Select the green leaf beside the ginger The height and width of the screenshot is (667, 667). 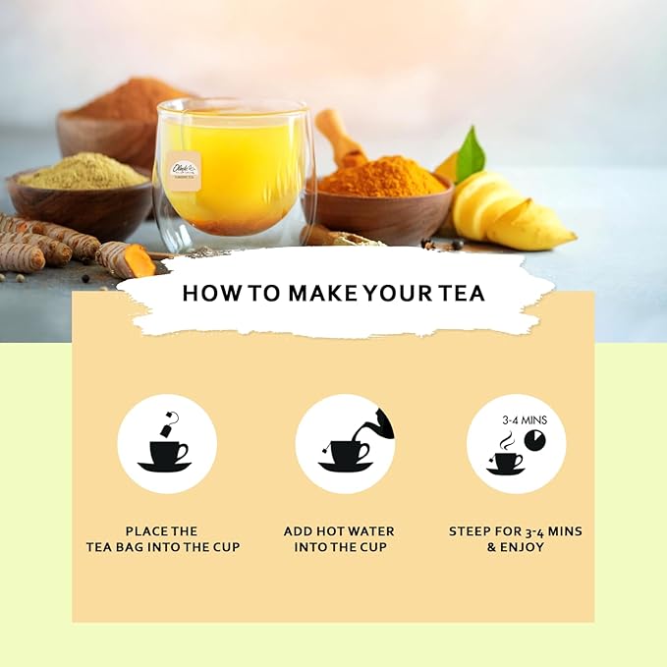click(470, 156)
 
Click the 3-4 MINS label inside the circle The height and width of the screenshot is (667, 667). click(525, 419)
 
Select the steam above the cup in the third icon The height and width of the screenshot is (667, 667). click(505, 442)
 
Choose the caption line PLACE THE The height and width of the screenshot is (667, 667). click(162, 530)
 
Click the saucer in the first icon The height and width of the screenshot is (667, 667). click(165, 467)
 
